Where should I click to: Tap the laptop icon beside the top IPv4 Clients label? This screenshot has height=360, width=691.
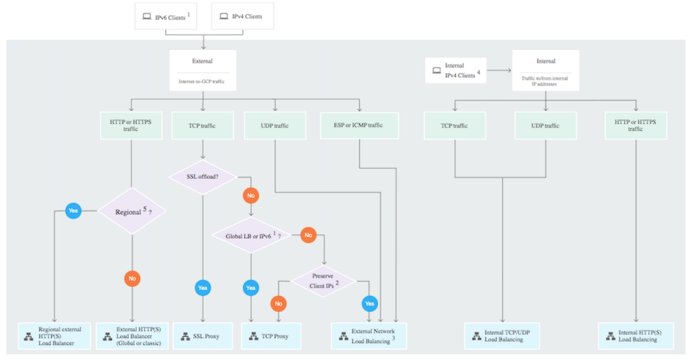point(223,16)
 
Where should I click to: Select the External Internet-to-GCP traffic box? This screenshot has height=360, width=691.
point(202,70)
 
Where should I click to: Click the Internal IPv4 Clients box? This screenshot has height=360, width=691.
point(456,70)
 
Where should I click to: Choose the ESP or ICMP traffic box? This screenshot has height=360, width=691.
point(359,125)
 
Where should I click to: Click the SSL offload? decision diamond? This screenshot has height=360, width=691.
point(202,177)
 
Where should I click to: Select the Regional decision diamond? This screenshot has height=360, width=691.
point(132,211)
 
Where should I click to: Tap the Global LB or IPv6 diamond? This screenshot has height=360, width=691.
point(251,236)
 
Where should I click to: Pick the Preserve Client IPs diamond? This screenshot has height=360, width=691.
point(323,281)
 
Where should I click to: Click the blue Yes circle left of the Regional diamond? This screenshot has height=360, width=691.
point(73,210)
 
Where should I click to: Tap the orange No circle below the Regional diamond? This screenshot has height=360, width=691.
point(132,278)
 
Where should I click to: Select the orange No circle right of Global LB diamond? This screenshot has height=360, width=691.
point(308,235)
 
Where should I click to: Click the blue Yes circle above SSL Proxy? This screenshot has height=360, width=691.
point(202,288)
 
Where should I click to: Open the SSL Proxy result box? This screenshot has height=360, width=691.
point(202,336)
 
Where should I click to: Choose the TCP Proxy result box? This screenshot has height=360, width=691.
point(271,336)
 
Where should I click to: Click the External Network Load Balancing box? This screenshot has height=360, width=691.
point(369,336)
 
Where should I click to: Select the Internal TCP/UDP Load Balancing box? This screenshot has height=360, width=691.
point(502,336)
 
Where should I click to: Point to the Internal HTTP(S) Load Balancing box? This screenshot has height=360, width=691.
point(636,336)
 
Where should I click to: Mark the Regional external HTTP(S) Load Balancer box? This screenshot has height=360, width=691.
point(53,336)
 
